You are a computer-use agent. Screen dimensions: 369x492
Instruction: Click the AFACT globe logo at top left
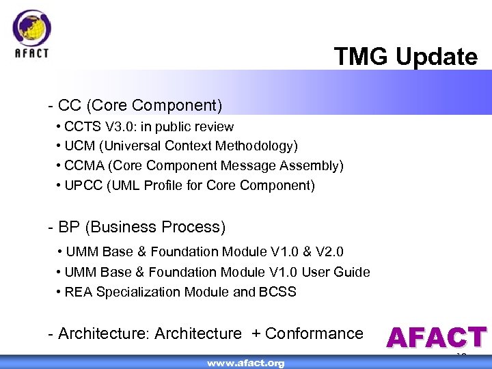31,29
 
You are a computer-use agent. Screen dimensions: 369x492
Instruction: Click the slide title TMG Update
406,57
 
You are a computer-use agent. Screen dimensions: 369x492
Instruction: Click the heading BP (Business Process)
137,227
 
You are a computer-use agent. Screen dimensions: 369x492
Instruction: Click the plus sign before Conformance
256,333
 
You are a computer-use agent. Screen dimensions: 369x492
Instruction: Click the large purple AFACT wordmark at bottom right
436,338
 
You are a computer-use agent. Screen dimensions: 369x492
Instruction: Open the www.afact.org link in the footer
246,363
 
